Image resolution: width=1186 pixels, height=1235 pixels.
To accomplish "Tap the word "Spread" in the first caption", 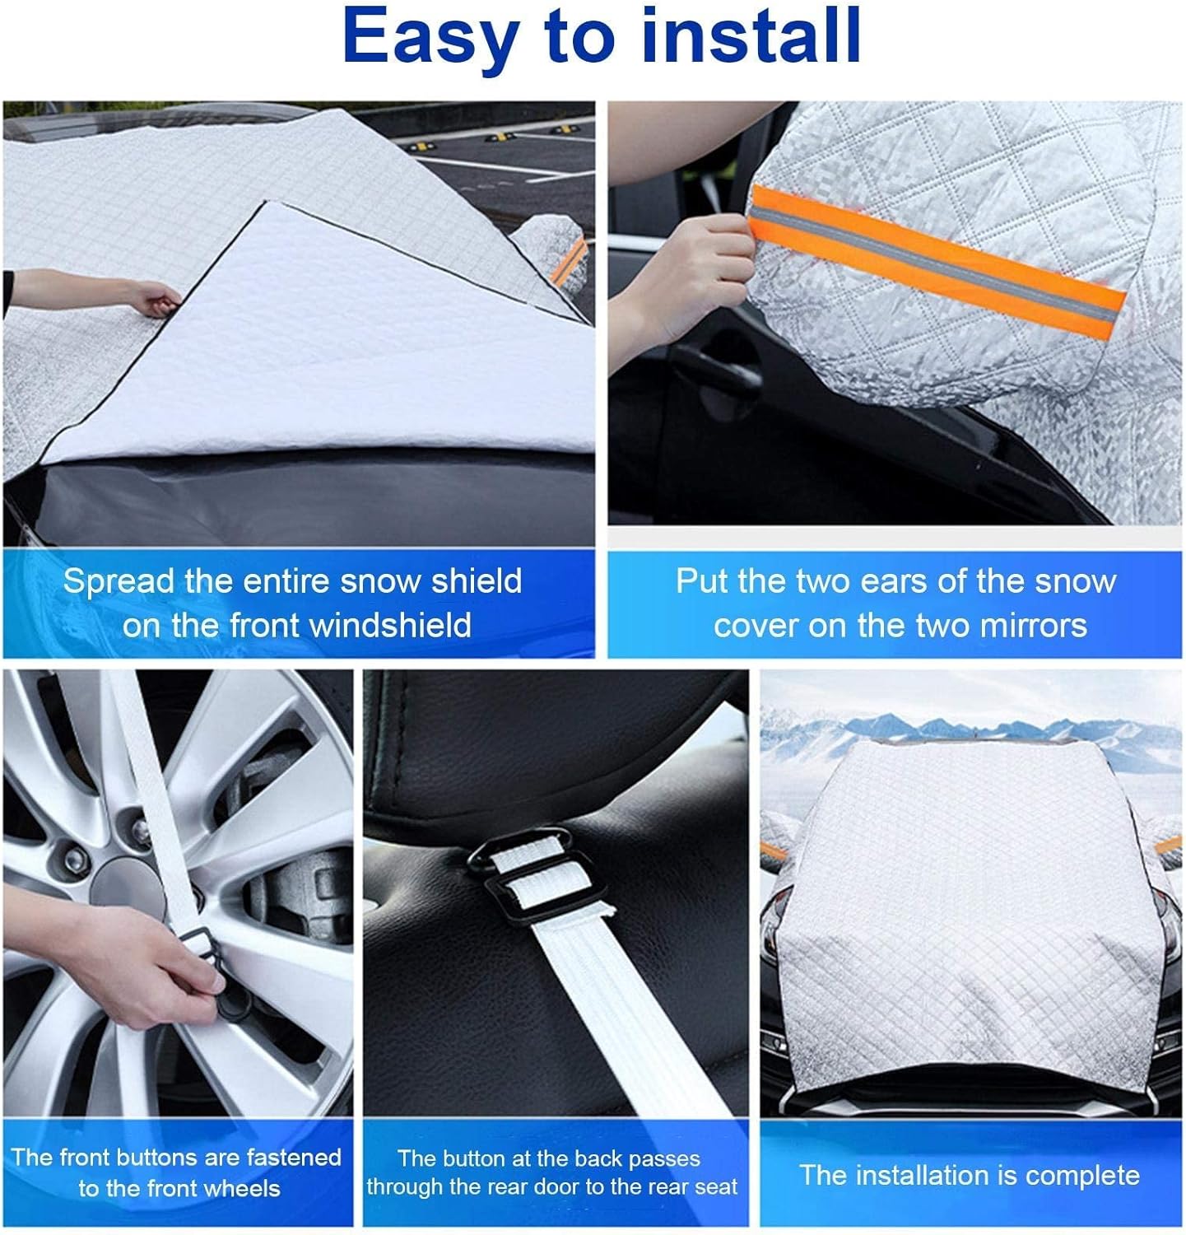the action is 119,582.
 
